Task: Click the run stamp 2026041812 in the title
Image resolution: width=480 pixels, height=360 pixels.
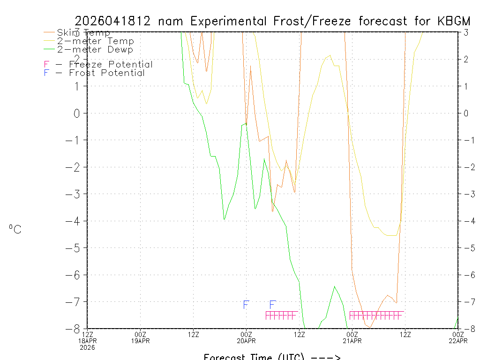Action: [112, 21]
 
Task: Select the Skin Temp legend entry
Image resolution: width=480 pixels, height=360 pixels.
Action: [83, 33]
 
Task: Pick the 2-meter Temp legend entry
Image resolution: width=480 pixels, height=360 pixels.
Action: [95, 41]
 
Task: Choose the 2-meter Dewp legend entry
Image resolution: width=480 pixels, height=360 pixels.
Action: [95, 50]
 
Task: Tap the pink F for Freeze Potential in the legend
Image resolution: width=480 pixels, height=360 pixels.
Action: [46, 65]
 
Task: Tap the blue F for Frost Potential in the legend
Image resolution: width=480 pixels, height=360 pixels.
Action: [46, 73]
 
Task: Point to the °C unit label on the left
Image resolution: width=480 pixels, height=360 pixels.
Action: [15, 229]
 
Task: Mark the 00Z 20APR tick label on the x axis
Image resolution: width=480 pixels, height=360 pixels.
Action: [246, 337]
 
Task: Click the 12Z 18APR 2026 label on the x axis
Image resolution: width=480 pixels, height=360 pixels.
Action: [88, 340]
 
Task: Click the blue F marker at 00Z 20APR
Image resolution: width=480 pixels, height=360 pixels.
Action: [246, 305]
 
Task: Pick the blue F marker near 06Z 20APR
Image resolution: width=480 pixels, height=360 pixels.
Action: [272, 305]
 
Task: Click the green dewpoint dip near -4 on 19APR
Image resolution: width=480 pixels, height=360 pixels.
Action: [225, 219]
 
